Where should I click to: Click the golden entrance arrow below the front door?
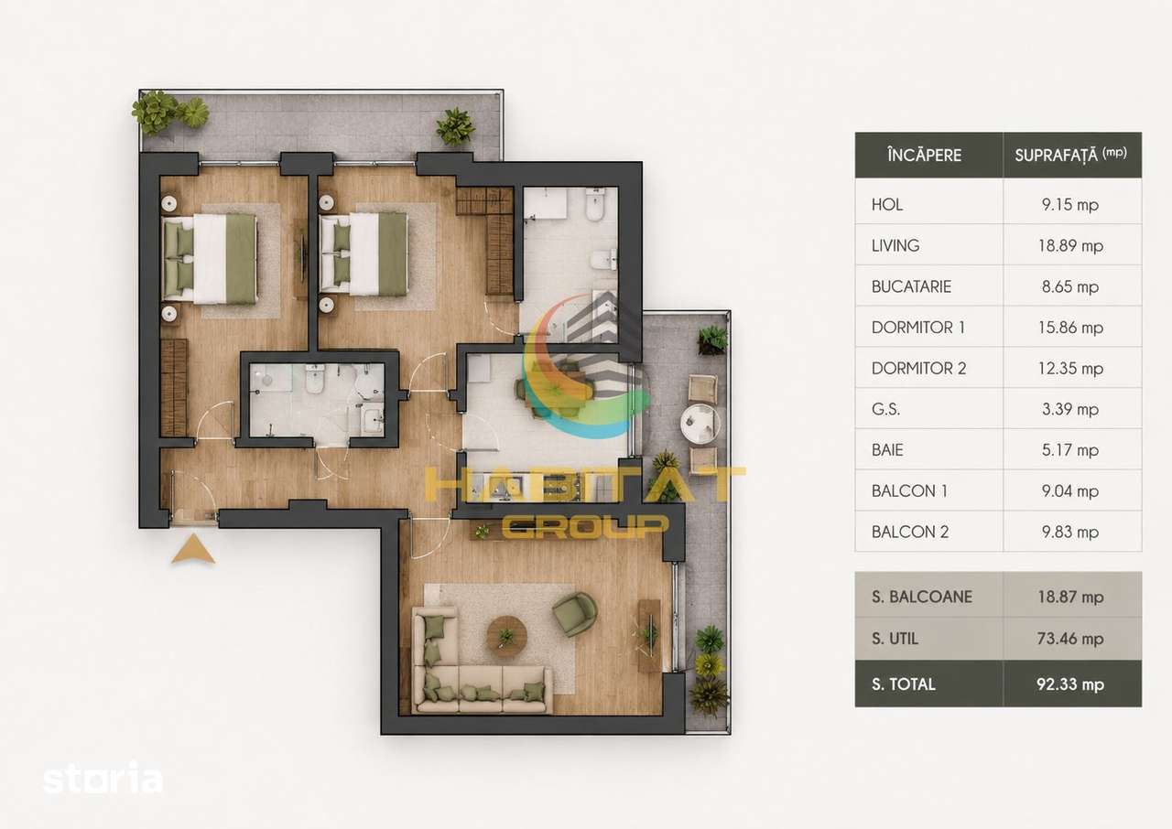coord(193,550)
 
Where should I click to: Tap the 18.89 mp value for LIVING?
coord(1070,245)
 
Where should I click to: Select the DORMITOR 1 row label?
coord(917,328)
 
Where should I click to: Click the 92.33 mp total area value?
coord(1070,684)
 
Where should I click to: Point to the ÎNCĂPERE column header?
coord(924,155)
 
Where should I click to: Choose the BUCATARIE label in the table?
coord(911,286)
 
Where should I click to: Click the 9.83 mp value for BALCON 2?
coord(1070,533)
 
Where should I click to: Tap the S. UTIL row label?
coord(895,639)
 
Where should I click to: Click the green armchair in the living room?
coord(574,614)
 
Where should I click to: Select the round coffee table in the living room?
coord(506,636)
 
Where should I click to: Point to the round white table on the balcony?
coord(700,424)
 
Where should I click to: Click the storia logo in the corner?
coord(103,778)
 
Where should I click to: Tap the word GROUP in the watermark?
coord(585,526)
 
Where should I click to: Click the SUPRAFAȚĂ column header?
coord(1070,155)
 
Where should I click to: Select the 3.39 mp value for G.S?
coord(1070,409)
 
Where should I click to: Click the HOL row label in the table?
coord(887,204)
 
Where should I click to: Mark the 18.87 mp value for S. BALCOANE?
coord(1070,597)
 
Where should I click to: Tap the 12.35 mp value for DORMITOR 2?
coord(1070,369)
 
